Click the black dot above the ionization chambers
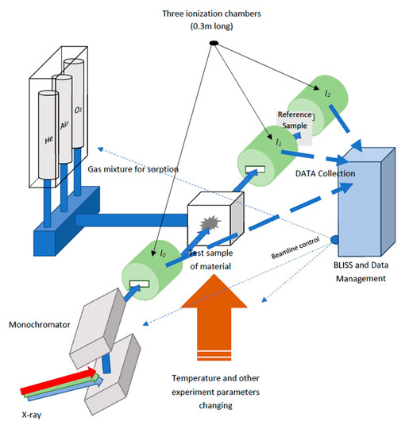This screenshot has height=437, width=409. click(x=214, y=42)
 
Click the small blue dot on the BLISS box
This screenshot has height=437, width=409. click(x=336, y=239)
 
